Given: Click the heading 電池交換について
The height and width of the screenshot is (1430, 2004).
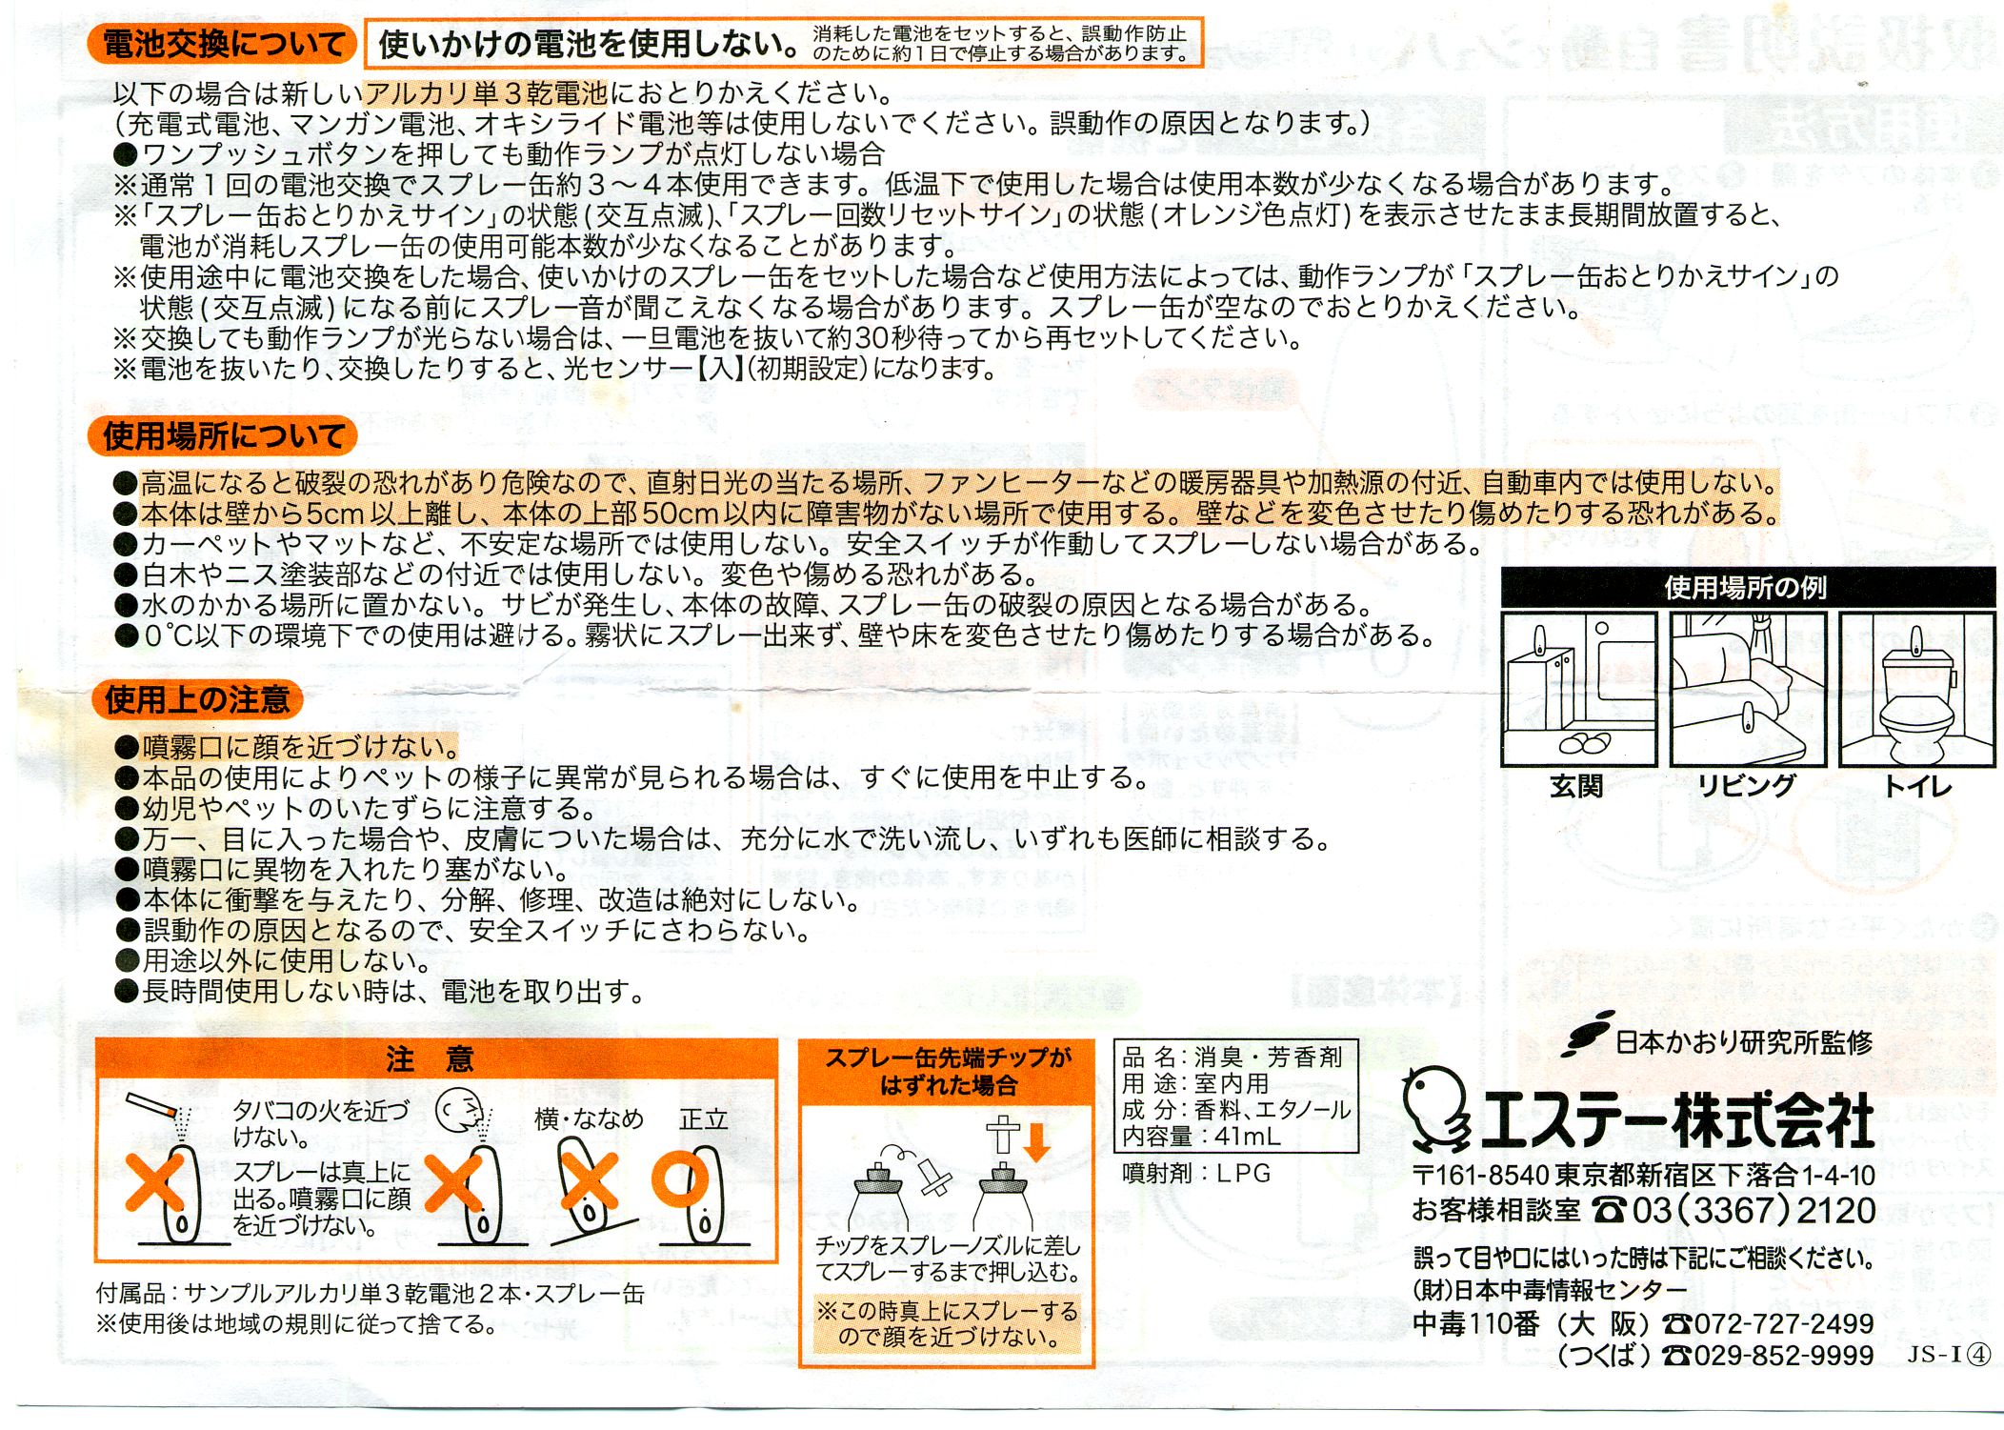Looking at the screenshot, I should (223, 44).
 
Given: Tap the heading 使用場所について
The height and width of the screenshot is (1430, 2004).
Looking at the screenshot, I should (223, 436).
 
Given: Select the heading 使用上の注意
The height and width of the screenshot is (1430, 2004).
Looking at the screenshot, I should (197, 699).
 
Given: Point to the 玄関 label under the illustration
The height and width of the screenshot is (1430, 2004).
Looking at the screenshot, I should (1576, 787).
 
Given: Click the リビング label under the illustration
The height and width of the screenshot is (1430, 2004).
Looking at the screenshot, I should (1746, 787).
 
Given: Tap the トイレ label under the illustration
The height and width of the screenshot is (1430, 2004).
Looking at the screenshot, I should (1917, 787).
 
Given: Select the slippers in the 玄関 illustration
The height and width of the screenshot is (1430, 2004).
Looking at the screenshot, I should (1584, 741).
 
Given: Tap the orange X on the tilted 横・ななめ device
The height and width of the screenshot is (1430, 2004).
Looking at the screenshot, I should (588, 1181).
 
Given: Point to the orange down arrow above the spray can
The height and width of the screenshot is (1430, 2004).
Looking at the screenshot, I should (1036, 1141).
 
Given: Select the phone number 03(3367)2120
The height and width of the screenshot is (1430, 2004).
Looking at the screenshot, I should (1753, 1211).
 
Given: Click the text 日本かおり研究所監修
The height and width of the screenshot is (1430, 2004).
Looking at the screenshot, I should (1744, 1042).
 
